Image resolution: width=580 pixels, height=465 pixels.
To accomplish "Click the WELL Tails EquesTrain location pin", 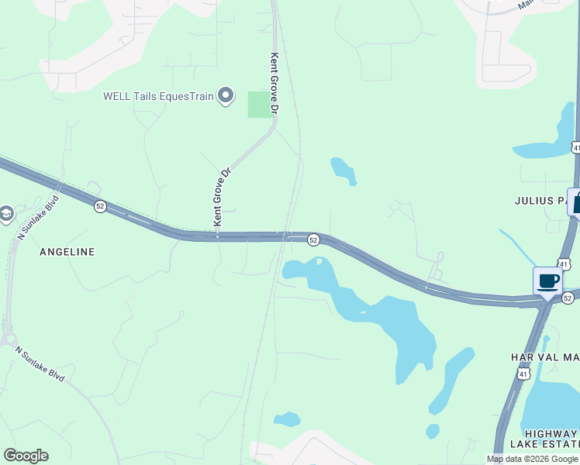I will (226, 96).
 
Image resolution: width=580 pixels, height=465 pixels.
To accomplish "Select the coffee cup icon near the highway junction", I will (548, 281).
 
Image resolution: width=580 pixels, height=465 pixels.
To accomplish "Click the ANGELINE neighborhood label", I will (67, 252).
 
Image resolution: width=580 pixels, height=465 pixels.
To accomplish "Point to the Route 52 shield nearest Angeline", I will (100, 206).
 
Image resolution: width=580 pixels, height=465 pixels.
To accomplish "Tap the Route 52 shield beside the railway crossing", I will (312, 240).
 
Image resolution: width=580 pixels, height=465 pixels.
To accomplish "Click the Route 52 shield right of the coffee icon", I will (568, 298).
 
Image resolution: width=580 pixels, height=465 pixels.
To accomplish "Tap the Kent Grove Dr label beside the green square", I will (274, 84).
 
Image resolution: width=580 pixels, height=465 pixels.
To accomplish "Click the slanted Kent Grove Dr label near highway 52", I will (223, 198).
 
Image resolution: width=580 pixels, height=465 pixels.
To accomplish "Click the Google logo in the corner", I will (26, 456).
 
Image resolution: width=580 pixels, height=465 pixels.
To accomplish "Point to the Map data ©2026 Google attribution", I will (533, 459).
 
